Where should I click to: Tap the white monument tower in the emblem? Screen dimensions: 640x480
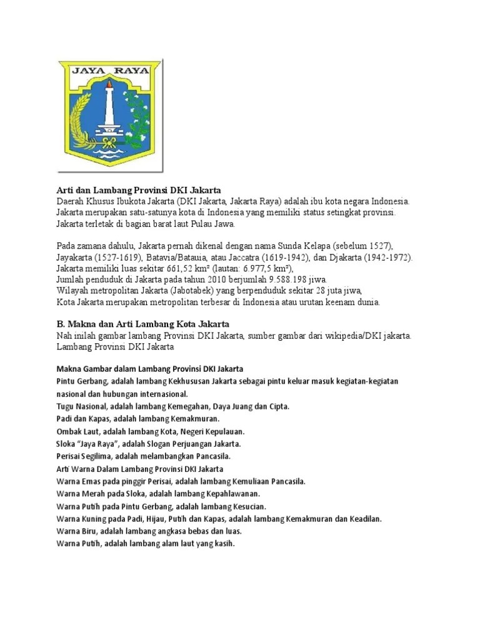[x=109, y=109]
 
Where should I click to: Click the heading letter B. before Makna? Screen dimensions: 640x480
[x=60, y=324]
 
